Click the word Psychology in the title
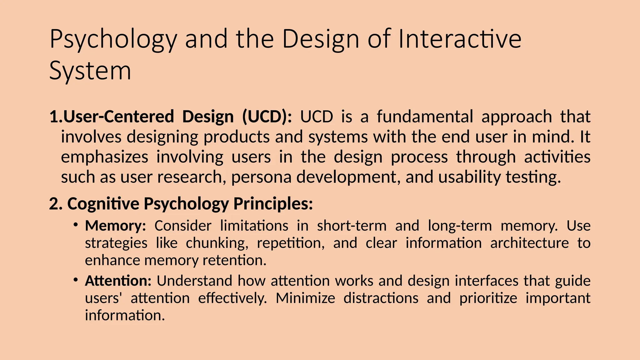(113, 40)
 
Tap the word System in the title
(90, 71)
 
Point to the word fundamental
(425, 117)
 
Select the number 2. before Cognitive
(56, 204)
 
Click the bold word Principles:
(273, 204)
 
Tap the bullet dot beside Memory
(76, 224)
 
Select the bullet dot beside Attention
(76, 279)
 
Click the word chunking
(217, 243)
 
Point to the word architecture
(529, 243)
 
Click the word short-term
(352, 226)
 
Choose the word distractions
(381, 298)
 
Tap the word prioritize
(488, 298)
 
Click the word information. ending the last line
(125, 315)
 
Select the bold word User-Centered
(118, 117)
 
